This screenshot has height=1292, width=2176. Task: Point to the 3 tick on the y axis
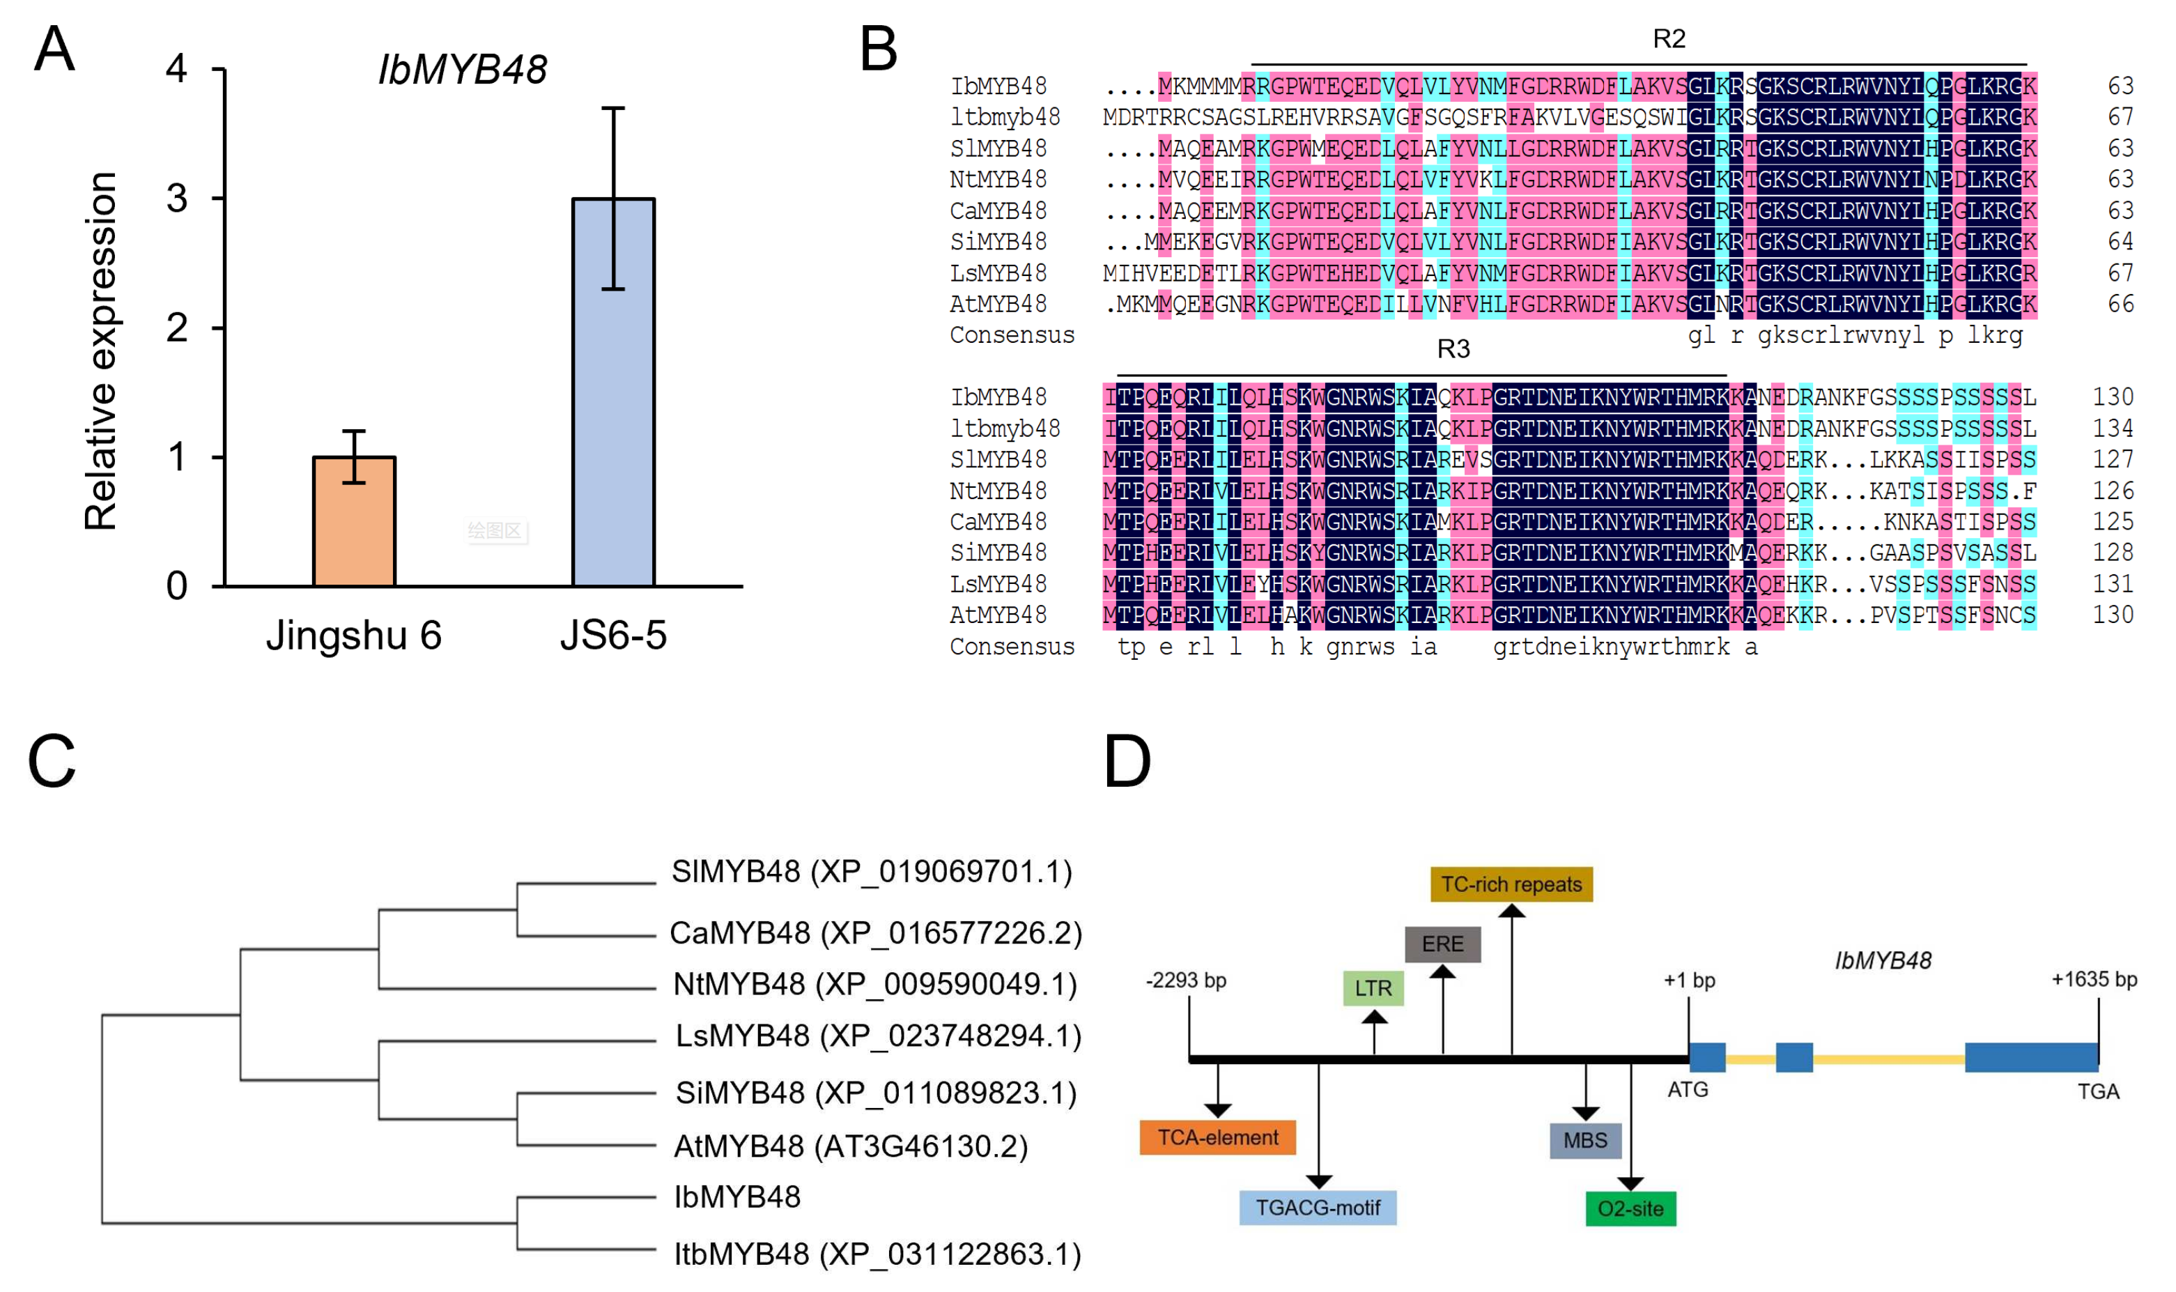pos(178,199)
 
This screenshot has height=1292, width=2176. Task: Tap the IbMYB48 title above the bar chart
pos(461,70)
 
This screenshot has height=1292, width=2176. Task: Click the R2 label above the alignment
pos(1669,39)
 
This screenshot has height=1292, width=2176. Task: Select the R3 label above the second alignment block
pos(1453,349)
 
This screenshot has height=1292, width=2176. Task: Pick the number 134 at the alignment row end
pos(2113,429)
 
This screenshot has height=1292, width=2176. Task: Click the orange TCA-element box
pos(1217,1137)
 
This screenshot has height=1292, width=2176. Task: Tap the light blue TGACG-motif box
pos(1317,1208)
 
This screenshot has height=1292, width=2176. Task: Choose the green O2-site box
pos(1630,1208)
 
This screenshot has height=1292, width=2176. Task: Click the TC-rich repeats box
pos(1511,884)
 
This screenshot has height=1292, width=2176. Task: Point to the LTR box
pos(1373,988)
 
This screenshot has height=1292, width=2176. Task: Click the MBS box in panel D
pos(1585,1141)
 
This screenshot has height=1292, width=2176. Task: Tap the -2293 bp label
pos(1185,980)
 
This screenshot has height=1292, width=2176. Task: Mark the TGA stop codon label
pos(2098,1092)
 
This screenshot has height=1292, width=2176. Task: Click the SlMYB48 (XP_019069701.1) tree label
pos(871,872)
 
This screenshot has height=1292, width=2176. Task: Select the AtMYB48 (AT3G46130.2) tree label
pos(850,1146)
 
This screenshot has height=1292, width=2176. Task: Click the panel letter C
pos(52,761)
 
